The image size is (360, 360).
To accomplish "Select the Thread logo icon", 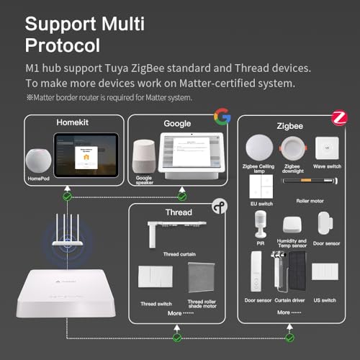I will pyautogui.click(x=221, y=207).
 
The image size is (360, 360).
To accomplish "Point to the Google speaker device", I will pyautogui.click(x=144, y=155).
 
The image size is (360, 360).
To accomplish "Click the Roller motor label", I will pyautogui.click(x=310, y=202).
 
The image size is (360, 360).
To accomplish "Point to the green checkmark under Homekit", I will pyautogui.click(x=67, y=195).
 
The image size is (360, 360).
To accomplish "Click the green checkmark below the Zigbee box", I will pyautogui.click(x=289, y=336).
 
